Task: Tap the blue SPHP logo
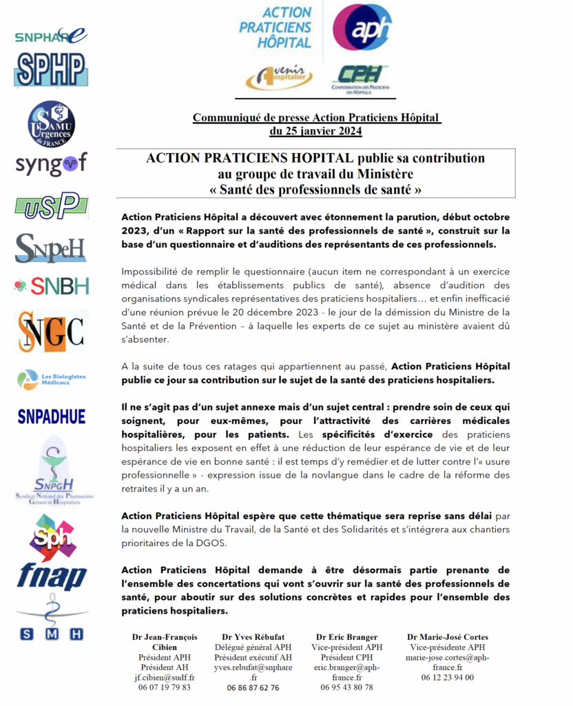(50, 70)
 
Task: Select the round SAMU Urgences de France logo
(51, 124)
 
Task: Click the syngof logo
(51, 164)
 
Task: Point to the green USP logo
(51, 205)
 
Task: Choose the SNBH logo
(51, 285)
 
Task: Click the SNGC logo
(51, 331)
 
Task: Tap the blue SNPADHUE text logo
(52, 416)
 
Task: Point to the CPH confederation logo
(360, 79)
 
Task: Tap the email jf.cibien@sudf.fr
(165, 677)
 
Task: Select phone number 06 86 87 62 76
(253, 687)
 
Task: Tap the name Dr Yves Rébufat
(253, 637)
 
